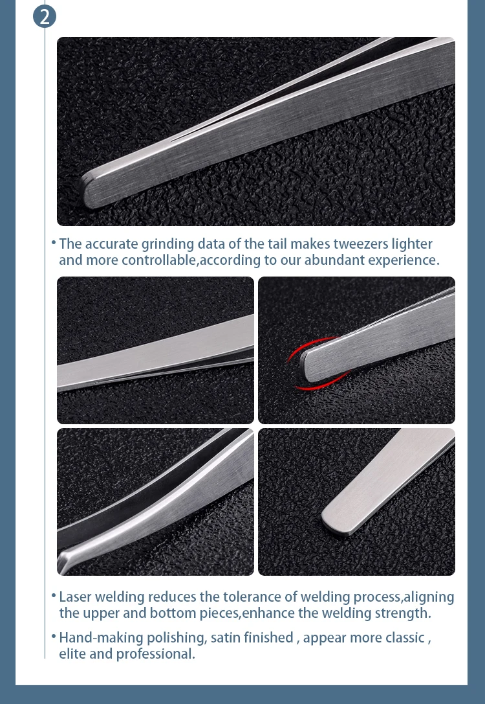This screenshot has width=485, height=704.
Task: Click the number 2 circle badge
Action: (45, 16)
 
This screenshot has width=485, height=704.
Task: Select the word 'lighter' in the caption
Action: (412, 244)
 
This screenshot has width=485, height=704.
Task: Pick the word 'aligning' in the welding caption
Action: (429, 596)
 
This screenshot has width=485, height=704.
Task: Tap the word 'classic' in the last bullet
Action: (401, 637)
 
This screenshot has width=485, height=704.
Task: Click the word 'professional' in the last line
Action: (155, 653)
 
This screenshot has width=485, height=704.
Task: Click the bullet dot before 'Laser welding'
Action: (54, 595)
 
